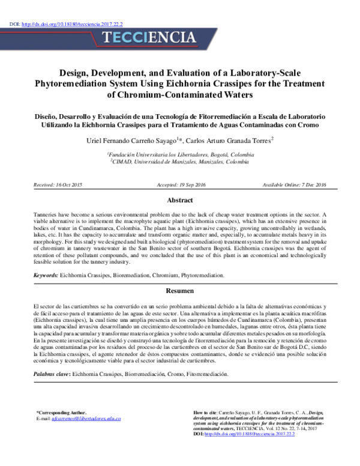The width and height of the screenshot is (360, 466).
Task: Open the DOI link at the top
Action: (72, 25)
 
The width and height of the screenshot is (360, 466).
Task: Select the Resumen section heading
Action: (179, 291)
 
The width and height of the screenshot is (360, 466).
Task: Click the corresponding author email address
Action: (86, 418)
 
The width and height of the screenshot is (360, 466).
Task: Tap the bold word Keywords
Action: (46, 275)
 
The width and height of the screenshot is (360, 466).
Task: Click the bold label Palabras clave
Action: (51, 374)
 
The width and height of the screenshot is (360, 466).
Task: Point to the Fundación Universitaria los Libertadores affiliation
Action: (180, 154)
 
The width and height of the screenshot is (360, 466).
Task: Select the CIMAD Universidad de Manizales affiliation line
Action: (180, 162)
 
